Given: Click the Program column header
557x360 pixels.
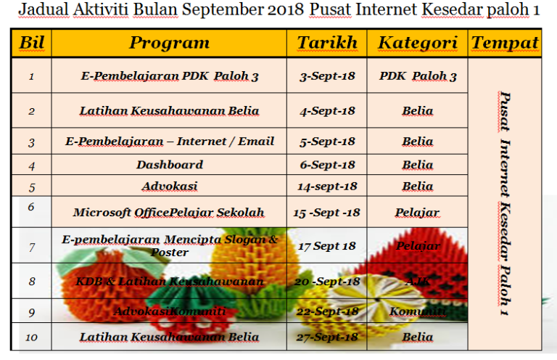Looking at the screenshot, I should click(169, 43).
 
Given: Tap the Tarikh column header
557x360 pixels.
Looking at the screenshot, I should click(327, 43).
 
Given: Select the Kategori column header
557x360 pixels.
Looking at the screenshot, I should click(418, 43).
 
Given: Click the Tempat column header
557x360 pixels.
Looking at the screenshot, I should click(505, 43).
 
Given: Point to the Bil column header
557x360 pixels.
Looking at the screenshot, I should click(31, 43).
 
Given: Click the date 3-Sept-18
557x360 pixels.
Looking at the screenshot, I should click(327, 76).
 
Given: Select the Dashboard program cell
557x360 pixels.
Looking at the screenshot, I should click(170, 165).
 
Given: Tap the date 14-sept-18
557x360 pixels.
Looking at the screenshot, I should click(327, 187).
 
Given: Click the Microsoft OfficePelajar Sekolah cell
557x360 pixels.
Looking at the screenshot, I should click(169, 213).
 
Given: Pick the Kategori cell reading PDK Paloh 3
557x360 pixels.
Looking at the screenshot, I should click(418, 76).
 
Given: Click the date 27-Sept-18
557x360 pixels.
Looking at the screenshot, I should click(327, 337).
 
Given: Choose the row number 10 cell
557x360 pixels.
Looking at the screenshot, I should click(31, 337).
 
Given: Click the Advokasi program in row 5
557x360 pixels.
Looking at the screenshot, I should click(170, 187).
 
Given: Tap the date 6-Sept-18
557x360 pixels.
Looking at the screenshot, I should click(327, 165).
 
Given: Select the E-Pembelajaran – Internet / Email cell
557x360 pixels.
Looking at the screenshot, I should click(170, 142).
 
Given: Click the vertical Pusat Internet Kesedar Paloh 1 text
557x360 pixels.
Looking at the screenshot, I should click(505, 203).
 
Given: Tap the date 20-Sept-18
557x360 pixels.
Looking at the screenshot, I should click(327, 282).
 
